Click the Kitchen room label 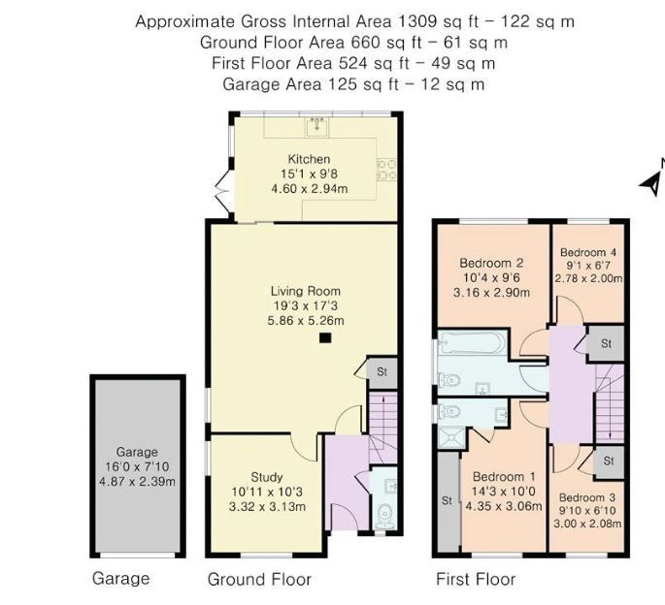309,159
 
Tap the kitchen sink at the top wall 316,127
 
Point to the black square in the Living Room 326,337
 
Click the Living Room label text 305,290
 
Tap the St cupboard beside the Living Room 381,371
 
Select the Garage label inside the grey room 136,452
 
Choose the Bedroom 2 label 491,262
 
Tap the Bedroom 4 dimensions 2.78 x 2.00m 588,278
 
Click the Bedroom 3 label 587,497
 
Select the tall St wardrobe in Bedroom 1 448,501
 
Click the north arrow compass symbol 652,175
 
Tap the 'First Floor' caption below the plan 476,580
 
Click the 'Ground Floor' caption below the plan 259,580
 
